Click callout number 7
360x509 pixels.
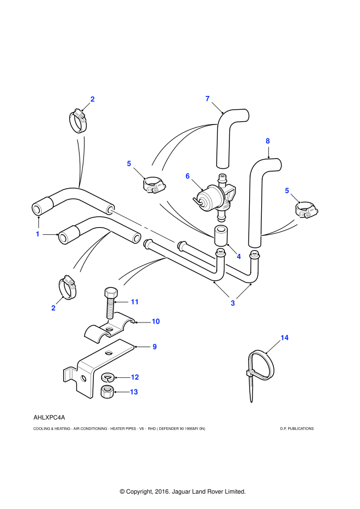tap(207, 99)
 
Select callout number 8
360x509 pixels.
tap(268, 141)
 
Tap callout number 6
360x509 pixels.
tap(188, 176)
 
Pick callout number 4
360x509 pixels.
tap(239, 256)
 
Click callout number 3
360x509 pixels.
tap(233, 303)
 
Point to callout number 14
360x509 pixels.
tap(284, 338)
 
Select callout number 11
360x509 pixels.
tap(134, 302)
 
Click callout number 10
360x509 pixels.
tap(156, 321)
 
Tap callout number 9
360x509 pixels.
tap(155, 347)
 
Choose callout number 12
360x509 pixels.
tap(135, 377)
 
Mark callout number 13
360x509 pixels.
tap(134, 392)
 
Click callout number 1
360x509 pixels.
tap(38, 234)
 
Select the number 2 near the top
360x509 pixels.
tap(92, 99)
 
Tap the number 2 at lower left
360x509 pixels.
tap(53, 308)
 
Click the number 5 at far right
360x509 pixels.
tap(287, 190)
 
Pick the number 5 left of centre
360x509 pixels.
tap(129, 163)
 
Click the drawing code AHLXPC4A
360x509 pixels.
tap(49, 418)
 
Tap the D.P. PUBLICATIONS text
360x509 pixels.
tap(297, 429)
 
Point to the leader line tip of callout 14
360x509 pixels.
tap(266, 354)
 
